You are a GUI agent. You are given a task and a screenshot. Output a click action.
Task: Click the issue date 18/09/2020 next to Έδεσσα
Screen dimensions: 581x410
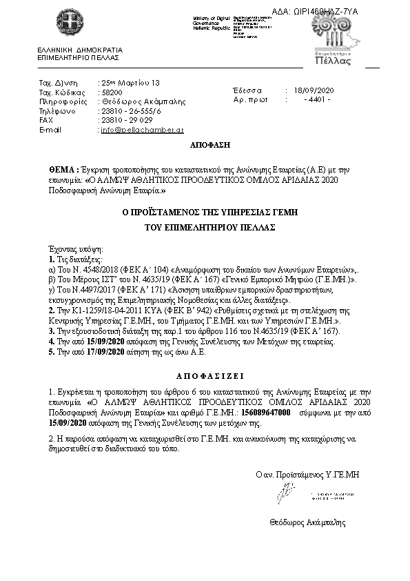[313, 90]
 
